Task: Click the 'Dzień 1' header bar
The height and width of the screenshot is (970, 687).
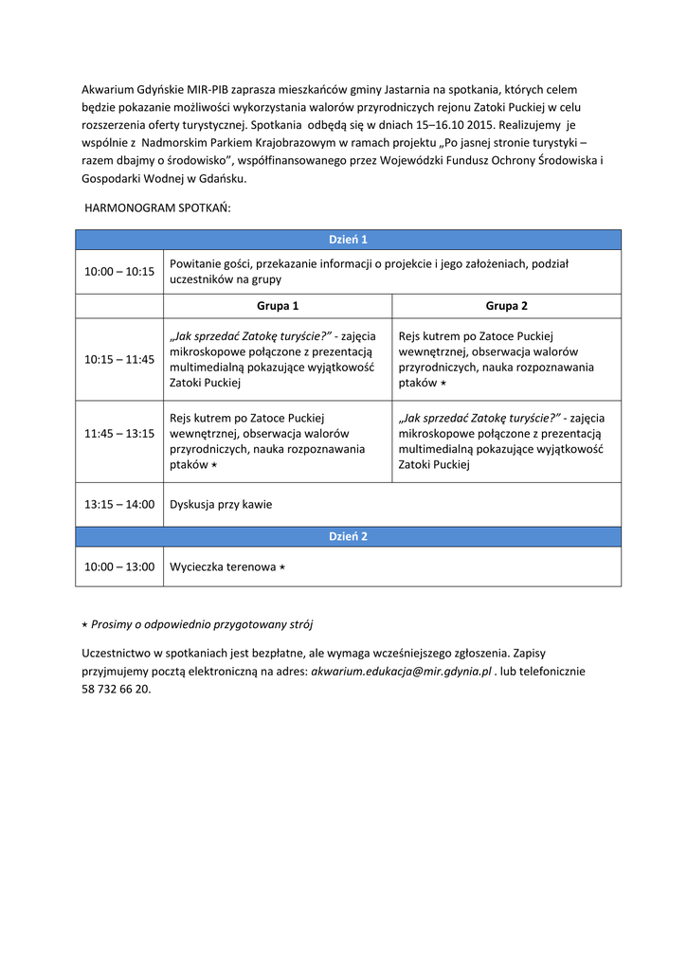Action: [348, 240]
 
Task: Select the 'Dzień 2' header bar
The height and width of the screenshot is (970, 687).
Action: [348, 536]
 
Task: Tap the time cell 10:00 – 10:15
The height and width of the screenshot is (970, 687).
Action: [119, 271]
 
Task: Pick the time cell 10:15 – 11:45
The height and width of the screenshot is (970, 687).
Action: [119, 359]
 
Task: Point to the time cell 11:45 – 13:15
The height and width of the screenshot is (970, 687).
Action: [119, 433]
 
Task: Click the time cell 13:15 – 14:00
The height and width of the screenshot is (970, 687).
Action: [119, 504]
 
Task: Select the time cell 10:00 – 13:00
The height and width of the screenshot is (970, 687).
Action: [119, 566]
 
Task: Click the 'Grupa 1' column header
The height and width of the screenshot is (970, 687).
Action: [278, 306]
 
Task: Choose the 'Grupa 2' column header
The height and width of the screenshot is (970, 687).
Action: [507, 306]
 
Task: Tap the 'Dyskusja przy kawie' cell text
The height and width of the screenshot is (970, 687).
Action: [221, 504]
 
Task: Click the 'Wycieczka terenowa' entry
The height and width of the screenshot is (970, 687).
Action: [223, 566]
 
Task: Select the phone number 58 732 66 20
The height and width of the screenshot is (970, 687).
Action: [117, 689]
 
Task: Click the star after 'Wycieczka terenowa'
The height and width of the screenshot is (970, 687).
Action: [281, 566]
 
